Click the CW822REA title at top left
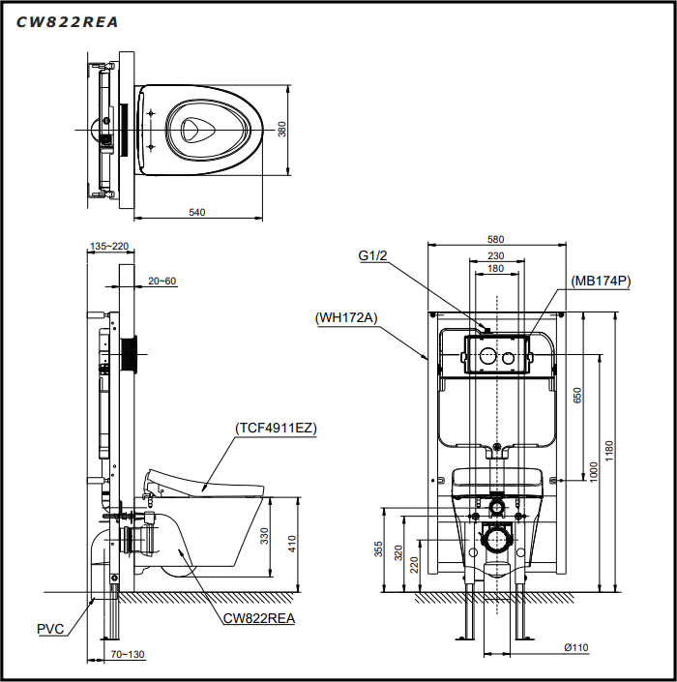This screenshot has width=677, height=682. [68, 22]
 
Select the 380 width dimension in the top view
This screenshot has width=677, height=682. [282, 129]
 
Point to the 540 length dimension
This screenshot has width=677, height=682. [197, 211]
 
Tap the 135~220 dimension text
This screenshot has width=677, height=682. [109, 246]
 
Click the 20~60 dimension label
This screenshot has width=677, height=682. [162, 281]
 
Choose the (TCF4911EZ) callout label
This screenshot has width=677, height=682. [276, 427]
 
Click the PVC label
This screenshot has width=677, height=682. [50, 629]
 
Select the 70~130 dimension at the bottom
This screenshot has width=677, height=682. [126, 655]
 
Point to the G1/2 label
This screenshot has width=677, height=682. [372, 255]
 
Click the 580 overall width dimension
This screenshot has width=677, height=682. [495, 239]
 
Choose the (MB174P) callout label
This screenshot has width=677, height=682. [600, 282]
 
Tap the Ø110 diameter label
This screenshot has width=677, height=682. [577, 647]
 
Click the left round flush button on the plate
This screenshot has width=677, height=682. [486, 358]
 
